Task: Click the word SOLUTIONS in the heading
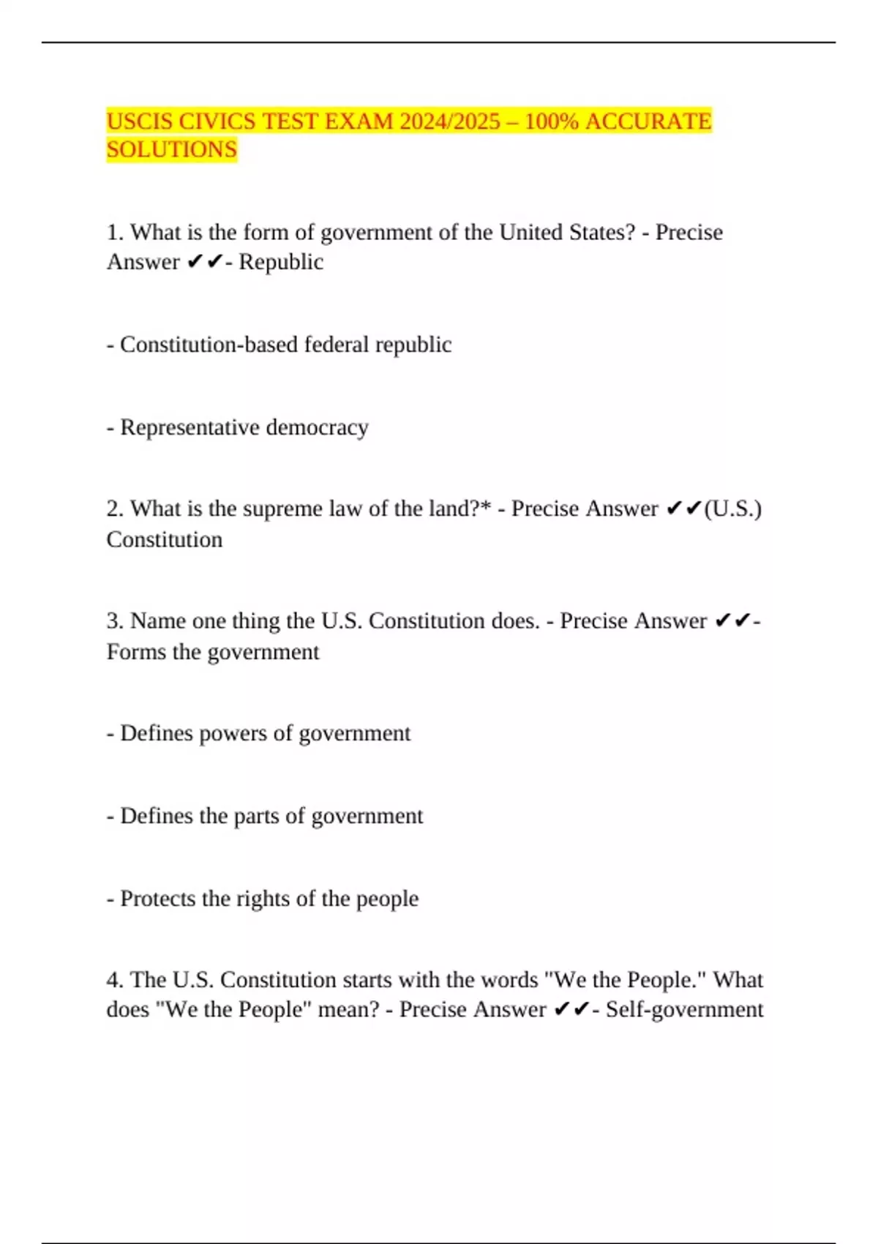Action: (x=172, y=149)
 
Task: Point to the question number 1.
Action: (x=114, y=233)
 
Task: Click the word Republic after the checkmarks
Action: (x=281, y=262)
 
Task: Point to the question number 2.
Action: (x=114, y=509)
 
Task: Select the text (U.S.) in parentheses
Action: (x=732, y=509)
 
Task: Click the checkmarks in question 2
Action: (x=684, y=509)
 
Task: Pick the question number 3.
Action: (x=114, y=621)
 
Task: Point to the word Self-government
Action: (x=684, y=1010)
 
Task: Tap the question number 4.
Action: (x=114, y=980)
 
